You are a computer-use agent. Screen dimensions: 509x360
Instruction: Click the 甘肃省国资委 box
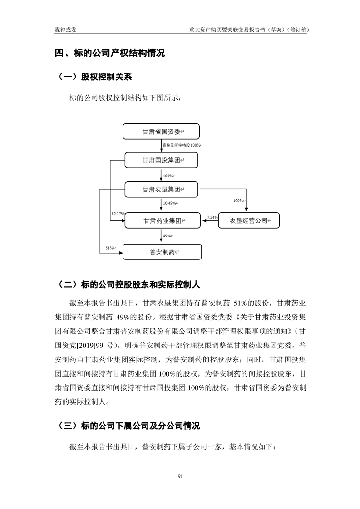click(161, 132)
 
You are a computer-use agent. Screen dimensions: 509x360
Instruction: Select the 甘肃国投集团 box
click(161, 160)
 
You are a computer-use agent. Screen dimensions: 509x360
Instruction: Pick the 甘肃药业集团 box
click(161, 220)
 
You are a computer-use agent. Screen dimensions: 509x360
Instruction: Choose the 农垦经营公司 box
click(249, 220)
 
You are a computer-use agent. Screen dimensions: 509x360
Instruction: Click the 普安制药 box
click(161, 252)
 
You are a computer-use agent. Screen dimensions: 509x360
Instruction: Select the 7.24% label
click(212, 217)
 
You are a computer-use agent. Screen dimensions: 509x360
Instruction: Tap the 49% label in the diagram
click(167, 236)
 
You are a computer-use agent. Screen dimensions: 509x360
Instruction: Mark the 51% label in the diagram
click(110, 248)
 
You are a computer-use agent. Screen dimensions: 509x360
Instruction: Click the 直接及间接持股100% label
click(182, 145)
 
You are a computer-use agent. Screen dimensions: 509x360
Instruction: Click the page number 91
click(180, 476)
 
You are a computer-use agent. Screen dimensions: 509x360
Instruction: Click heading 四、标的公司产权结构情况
click(109, 54)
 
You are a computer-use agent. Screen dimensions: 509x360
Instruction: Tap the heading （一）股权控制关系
click(94, 77)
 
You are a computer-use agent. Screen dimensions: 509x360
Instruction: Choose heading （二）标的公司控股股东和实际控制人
click(129, 284)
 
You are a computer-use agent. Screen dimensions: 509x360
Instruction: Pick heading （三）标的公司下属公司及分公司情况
click(129, 426)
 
